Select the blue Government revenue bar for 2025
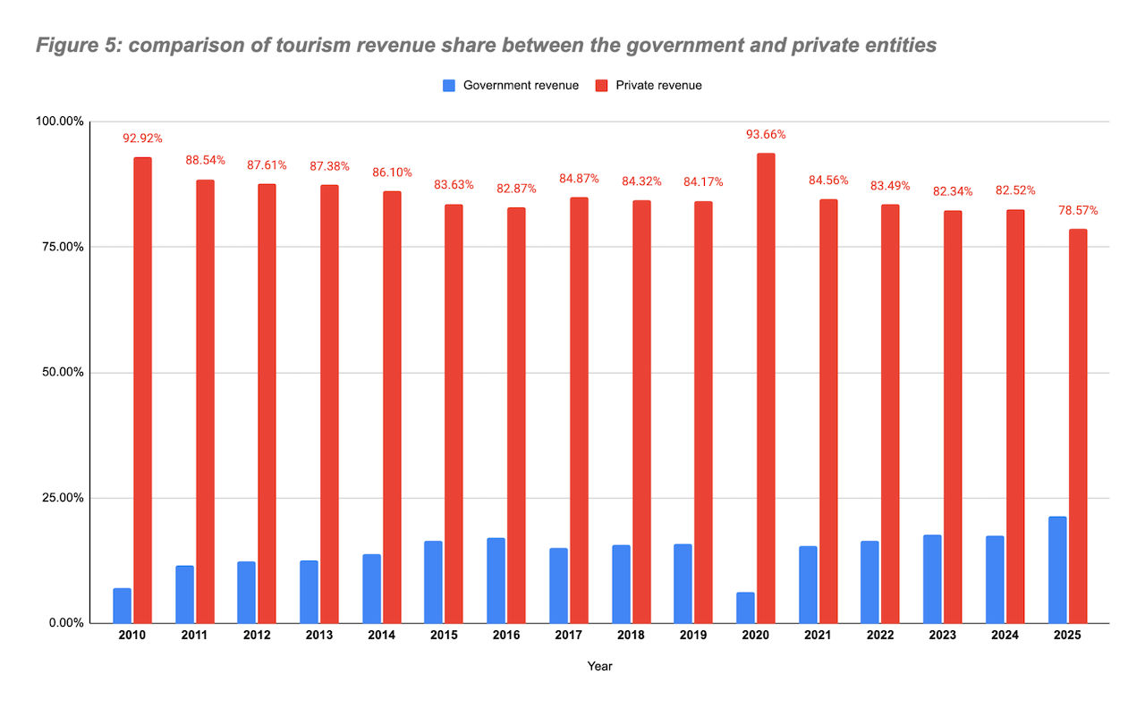(1057, 569)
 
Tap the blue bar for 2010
(123, 605)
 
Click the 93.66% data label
(766, 135)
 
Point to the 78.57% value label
(1078, 211)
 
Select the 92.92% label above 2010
(143, 139)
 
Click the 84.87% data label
(579, 179)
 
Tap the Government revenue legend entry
(511, 86)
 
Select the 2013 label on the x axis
(319, 636)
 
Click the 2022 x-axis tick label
(879, 636)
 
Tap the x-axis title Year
(599, 667)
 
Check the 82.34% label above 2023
(953, 191)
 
